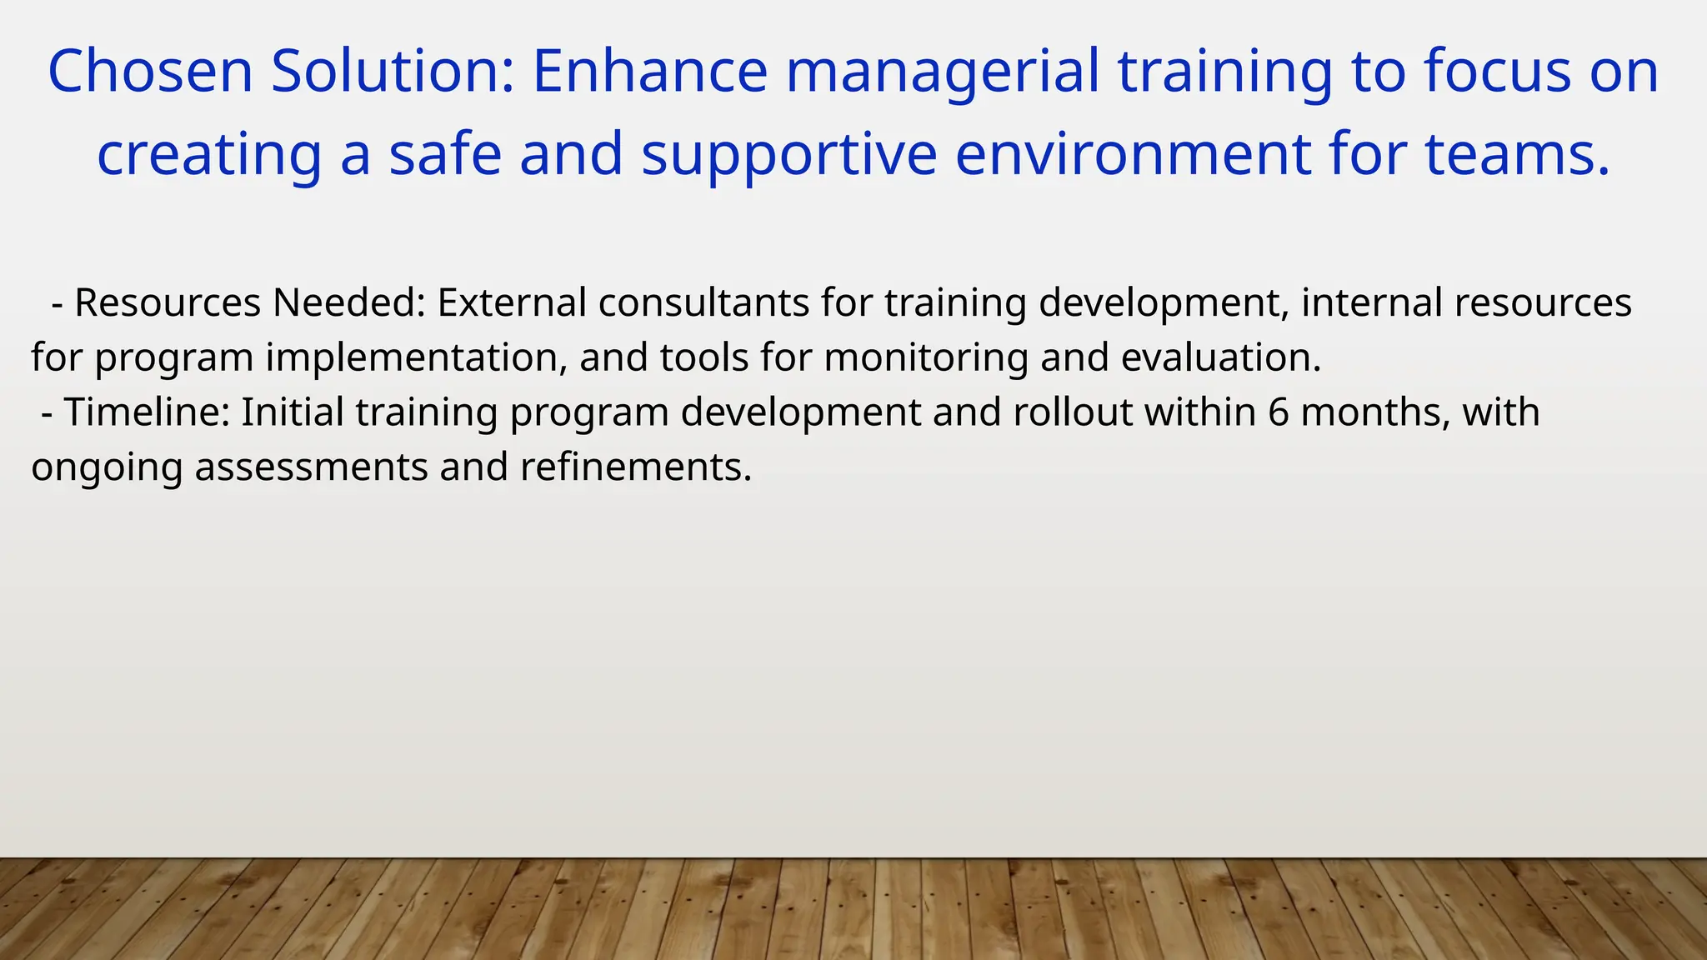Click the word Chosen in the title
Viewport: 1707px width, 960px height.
point(150,72)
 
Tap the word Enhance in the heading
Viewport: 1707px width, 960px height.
point(649,72)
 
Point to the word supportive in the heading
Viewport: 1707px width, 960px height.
point(788,156)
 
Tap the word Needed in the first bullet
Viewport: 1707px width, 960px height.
point(349,302)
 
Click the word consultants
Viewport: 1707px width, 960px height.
point(703,302)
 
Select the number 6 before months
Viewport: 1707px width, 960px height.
point(1279,412)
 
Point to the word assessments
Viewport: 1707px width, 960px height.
point(311,467)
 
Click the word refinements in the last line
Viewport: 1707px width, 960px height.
point(636,467)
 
